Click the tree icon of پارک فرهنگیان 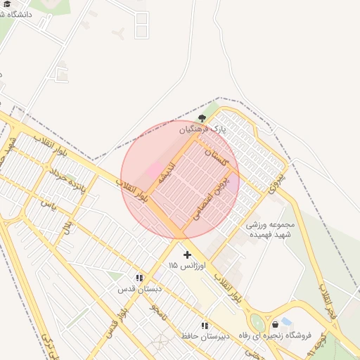pos(202,118)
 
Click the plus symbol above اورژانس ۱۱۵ pos(186,254)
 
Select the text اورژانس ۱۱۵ pos(186,266)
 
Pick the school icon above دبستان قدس pos(139,278)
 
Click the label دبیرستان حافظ pos(204,336)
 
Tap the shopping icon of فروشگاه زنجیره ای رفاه pos(275,324)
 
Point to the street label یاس pos(48,205)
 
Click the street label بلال pos(67,227)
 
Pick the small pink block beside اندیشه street pos(153,170)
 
